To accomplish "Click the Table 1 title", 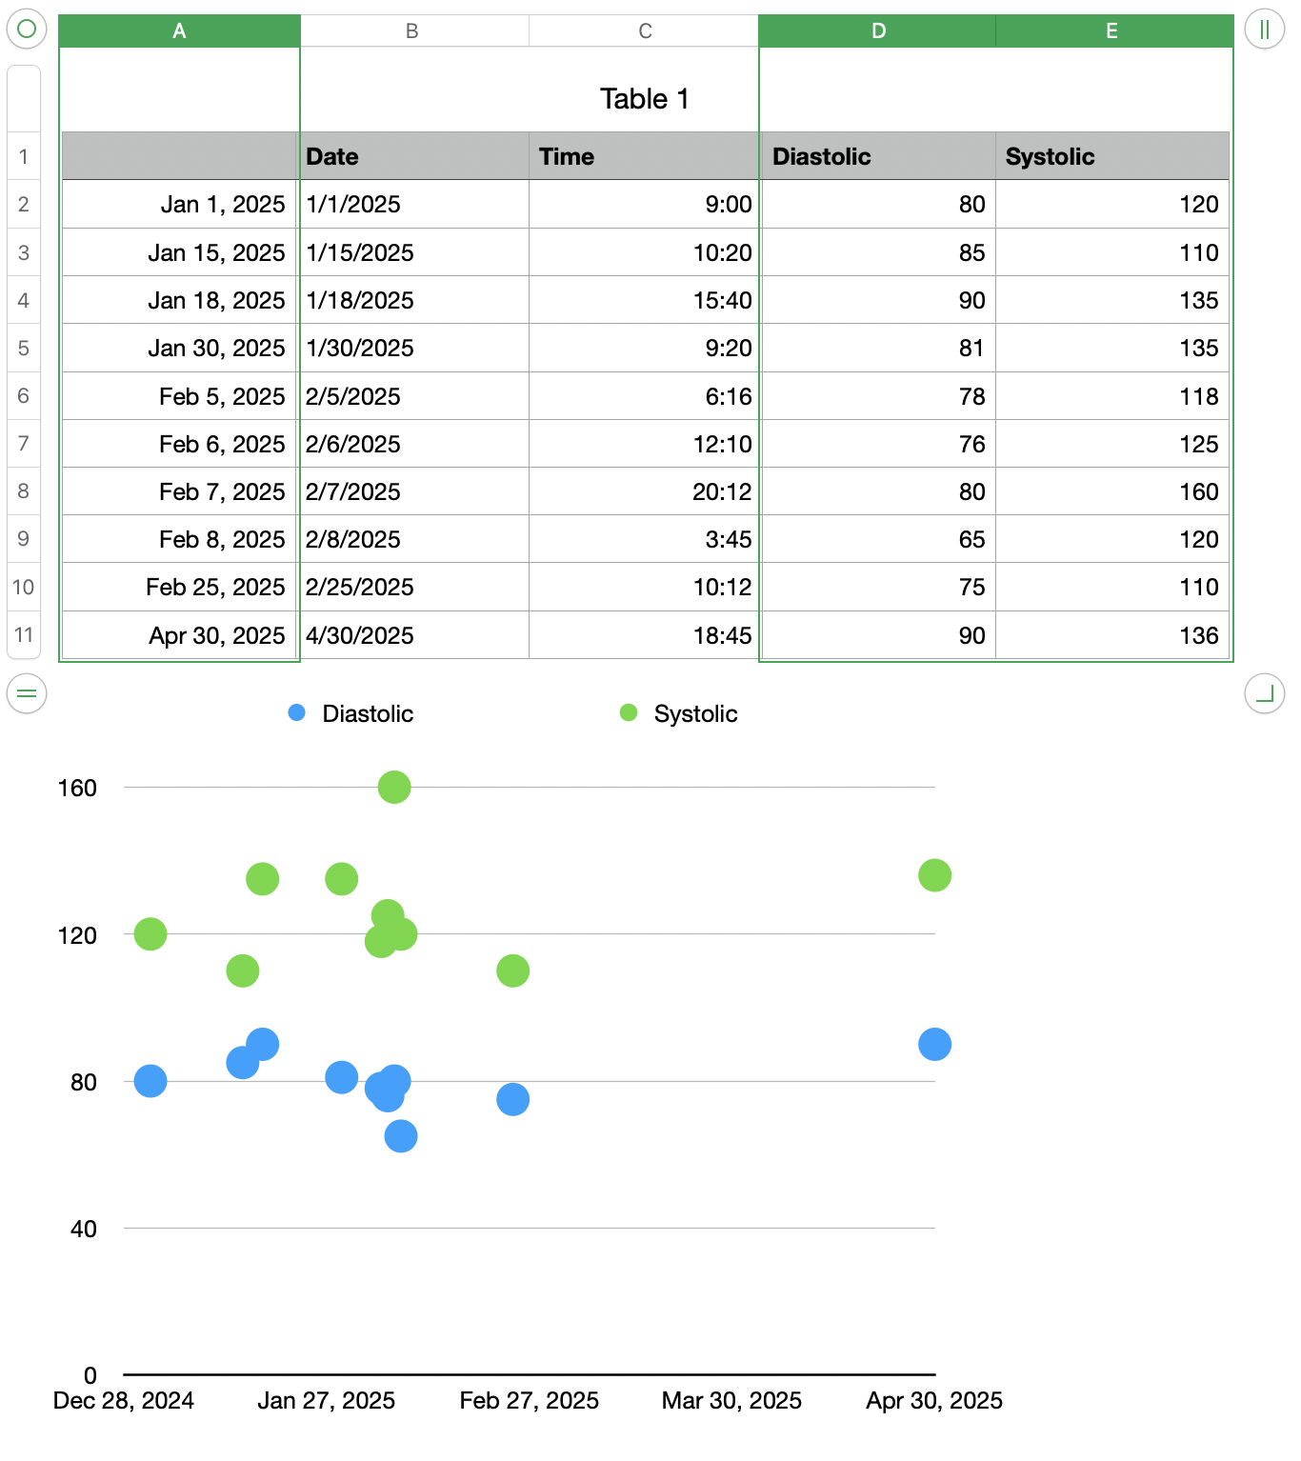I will [x=644, y=99].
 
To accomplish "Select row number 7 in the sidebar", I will [x=24, y=443].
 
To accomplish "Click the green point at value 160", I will [x=394, y=787].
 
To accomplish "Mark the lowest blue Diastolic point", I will [x=401, y=1135].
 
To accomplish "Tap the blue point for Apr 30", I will [x=934, y=1044].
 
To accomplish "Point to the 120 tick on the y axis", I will [x=77, y=935].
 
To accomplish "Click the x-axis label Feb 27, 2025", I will [x=529, y=1400].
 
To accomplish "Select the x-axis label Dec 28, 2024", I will [x=124, y=1400].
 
